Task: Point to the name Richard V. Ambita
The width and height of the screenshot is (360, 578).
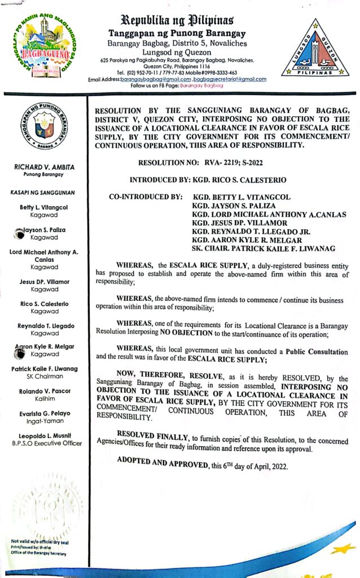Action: [x=44, y=167]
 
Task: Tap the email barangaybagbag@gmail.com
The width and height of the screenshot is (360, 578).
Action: [x=156, y=80]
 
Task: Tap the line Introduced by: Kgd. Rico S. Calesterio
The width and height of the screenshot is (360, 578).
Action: [x=208, y=180]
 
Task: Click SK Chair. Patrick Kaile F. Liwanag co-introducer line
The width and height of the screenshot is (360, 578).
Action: [x=264, y=249]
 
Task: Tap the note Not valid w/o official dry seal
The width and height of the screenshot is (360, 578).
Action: [x=39, y=542]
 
